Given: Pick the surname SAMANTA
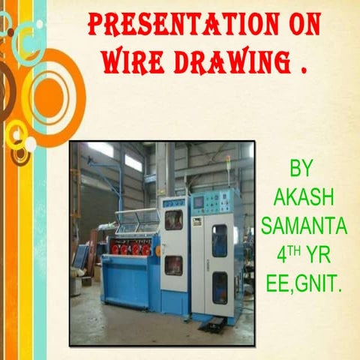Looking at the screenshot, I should click(x=299, y=225).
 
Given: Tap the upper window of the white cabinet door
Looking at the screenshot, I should click(x=174, y=220).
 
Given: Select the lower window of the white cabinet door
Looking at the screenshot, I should click(x=174, y=265).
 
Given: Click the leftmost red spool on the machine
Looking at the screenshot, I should click(x=118, y=249).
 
